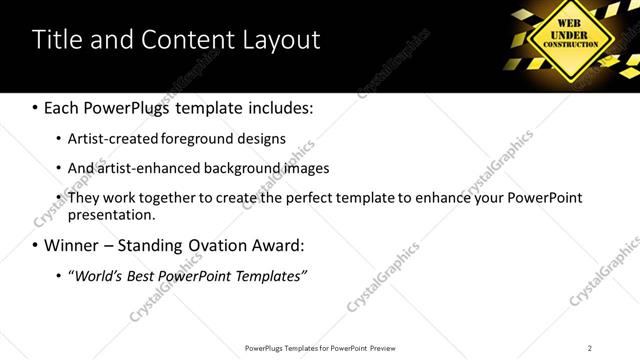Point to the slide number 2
[x=589, y=348]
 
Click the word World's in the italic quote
[x=96, y=275]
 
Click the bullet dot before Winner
[x=35, y=246]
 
